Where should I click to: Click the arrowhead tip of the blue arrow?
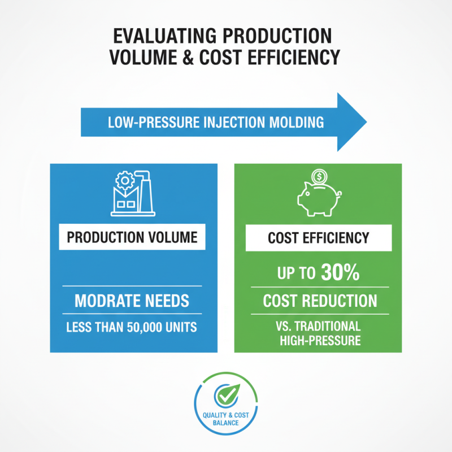(x=366, y=121)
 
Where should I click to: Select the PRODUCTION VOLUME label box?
(x=132, y=237)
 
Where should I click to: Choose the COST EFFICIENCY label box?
(x=318, y=238)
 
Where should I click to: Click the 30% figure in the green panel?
(x=340, y=273)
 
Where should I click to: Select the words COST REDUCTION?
(x=320, y=301)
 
